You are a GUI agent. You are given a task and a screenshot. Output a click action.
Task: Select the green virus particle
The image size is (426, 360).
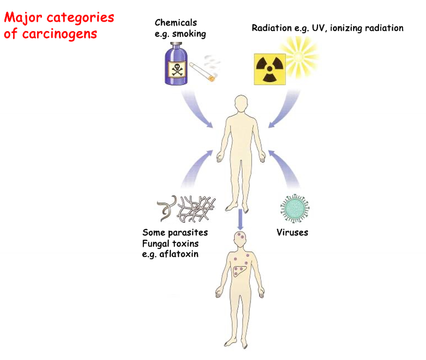pyautogui.click(x=295, y=208)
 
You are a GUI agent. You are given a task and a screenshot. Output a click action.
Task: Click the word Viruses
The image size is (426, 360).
pyautogui.click(x=293, y=233)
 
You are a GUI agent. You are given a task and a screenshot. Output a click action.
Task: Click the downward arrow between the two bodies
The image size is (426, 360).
pyautogui.click(x=239, y=218)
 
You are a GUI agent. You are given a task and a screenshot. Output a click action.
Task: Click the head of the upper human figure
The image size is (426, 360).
pyautogui.click(x=240, y=103)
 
